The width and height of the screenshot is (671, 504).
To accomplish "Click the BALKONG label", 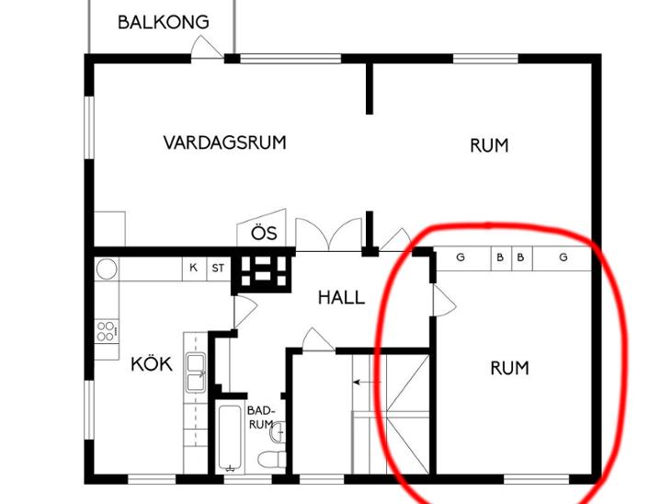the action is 164,22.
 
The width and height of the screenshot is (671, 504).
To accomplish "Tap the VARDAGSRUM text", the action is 224,143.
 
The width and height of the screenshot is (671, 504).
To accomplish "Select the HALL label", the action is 341,297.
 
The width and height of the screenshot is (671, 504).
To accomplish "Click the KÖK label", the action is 152,363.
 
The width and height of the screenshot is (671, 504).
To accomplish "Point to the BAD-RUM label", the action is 261,418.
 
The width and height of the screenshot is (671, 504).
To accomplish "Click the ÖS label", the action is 264,233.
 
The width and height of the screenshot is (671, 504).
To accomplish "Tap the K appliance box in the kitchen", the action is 194,268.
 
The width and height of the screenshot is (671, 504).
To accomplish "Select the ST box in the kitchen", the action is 219,268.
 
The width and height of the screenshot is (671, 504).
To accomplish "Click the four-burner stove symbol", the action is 106,330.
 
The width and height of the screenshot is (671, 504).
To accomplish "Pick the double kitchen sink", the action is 196,373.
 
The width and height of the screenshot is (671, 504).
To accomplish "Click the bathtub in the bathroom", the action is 230,438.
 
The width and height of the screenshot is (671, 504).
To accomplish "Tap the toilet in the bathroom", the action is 273,459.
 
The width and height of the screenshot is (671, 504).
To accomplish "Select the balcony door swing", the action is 207,47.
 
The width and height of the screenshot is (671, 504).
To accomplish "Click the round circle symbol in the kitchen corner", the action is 107,269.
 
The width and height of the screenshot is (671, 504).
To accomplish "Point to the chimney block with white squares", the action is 263,271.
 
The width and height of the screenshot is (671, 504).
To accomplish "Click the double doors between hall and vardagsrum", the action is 329,235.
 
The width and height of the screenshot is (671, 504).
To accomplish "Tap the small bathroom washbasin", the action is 278,432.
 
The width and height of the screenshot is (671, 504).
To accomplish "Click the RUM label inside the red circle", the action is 509,368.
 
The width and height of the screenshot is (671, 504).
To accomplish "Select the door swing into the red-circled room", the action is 444,301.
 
